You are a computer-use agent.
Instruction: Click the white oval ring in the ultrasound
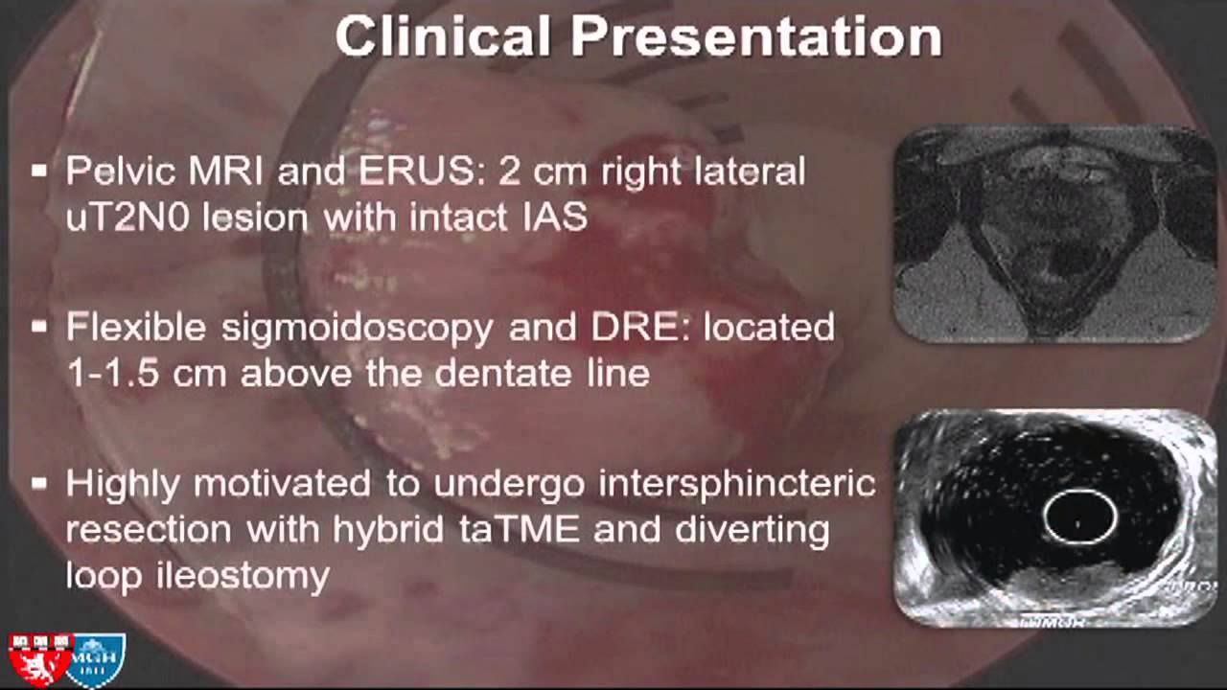click(1080, 517)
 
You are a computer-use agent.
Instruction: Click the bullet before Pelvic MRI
click(39, 172)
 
